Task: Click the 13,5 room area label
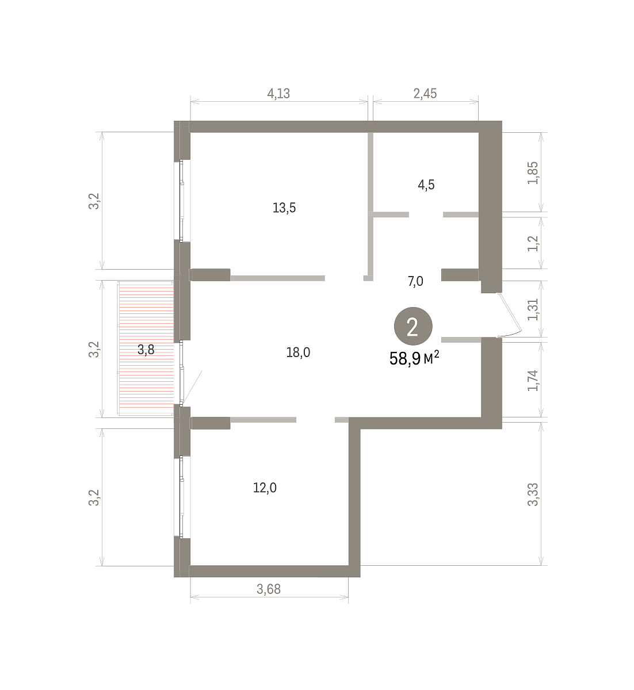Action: coord(284,208)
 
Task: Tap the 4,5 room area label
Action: coord(426,185)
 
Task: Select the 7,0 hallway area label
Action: coord(415,281)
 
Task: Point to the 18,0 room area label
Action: coord(298,352)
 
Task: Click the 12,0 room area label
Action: coord(265,488)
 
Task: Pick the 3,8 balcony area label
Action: coord(146,350)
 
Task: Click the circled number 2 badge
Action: coord(413,327)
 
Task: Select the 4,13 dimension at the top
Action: coord(278,94)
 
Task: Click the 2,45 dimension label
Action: coord(425,94)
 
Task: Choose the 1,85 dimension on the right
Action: coord(533,172)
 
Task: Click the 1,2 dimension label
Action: coord(533,244)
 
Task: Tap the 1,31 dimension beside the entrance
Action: coord(533,309)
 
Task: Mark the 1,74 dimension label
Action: coord(533,380)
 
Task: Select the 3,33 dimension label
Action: coord(533,494)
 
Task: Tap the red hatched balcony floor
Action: coord(146,348)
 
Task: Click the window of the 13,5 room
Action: coord(182,200)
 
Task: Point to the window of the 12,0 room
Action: coord(182,496)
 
